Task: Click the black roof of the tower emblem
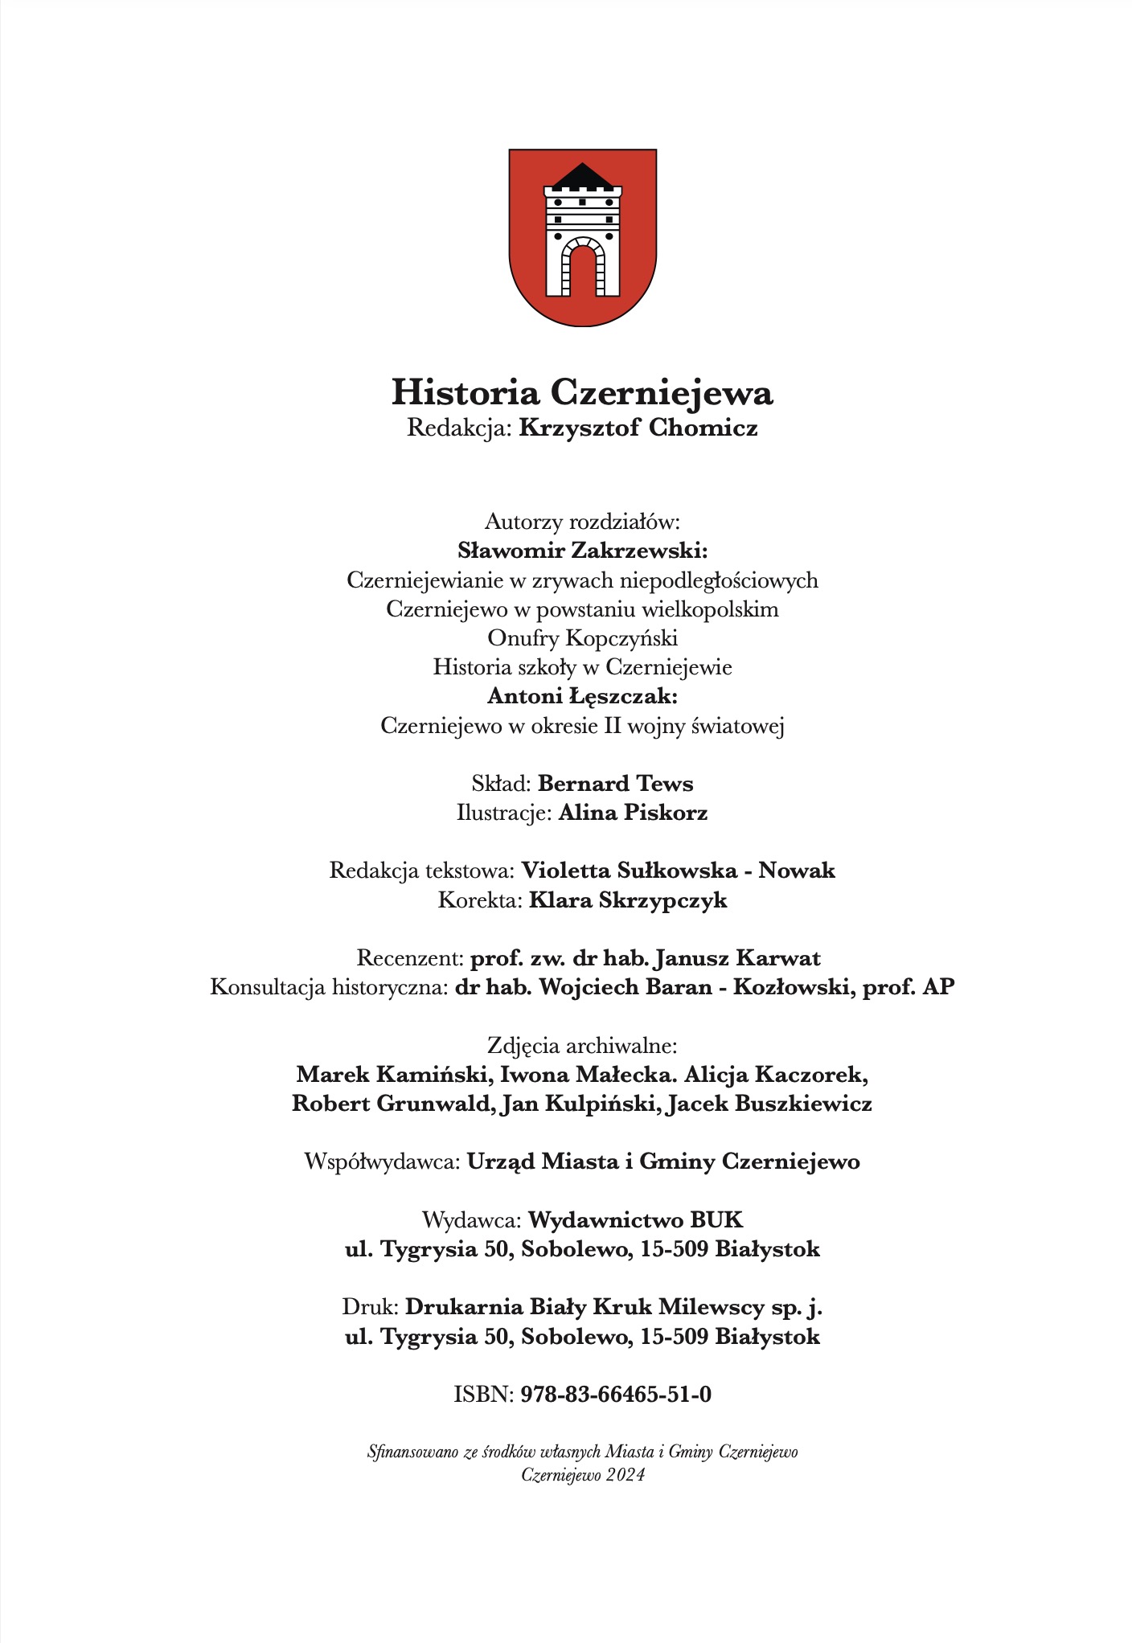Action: tap(582, 175)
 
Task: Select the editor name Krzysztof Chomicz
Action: tap(638, 428)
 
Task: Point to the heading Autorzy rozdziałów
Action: tap(582, 522)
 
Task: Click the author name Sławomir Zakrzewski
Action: tap(582, 551)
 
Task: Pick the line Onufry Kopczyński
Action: tap(582, 638)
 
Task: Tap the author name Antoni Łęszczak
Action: tap(582, 696)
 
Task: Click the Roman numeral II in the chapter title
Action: tap(612, 726)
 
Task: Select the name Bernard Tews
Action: tap(615, 784)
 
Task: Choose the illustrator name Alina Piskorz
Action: tap(633, 813)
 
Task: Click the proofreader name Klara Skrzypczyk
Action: tap(627, 900)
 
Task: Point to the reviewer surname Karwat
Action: tap(778, 958)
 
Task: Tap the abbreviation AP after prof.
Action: tap(938, 987)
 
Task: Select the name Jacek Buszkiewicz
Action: tap(769, 1104)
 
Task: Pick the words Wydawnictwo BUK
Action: tap(635, 1220)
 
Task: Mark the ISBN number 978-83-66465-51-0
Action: tap(616, 1395)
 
